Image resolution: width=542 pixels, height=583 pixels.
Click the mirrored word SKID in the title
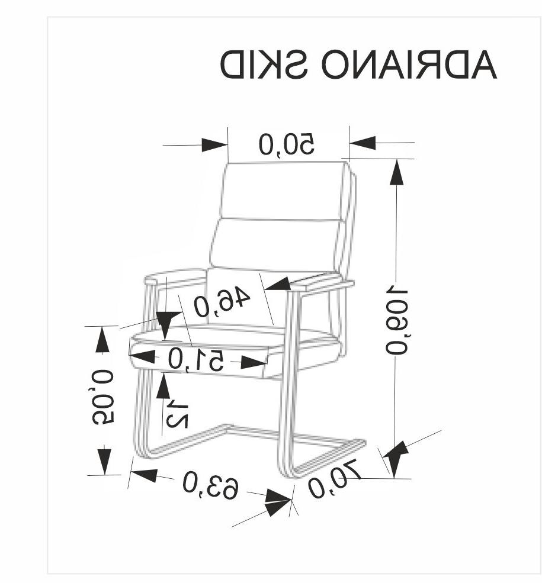point(265,65)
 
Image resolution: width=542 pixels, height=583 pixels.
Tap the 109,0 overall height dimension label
point(396,320)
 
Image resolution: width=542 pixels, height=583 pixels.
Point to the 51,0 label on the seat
point(195,359)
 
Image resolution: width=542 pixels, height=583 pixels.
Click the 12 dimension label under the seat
point(177,414)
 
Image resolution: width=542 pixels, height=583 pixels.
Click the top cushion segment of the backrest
point(283,189)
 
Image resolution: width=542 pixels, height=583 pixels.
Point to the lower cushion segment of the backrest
point(275,244)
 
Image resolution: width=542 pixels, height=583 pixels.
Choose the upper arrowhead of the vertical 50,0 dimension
point(103,340)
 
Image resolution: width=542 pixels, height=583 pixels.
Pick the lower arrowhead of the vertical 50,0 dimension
point(104,459)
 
